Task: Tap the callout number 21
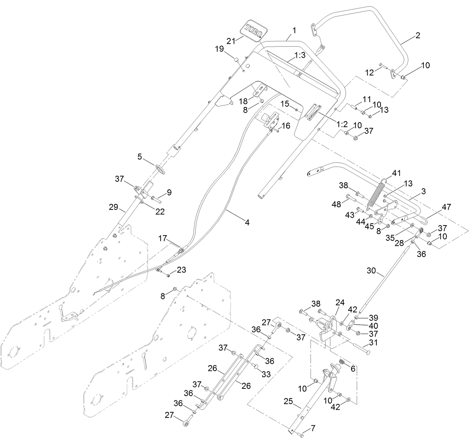tap(232, 41)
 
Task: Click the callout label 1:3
tap(300, 55)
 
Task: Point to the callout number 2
tap(418, 36)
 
